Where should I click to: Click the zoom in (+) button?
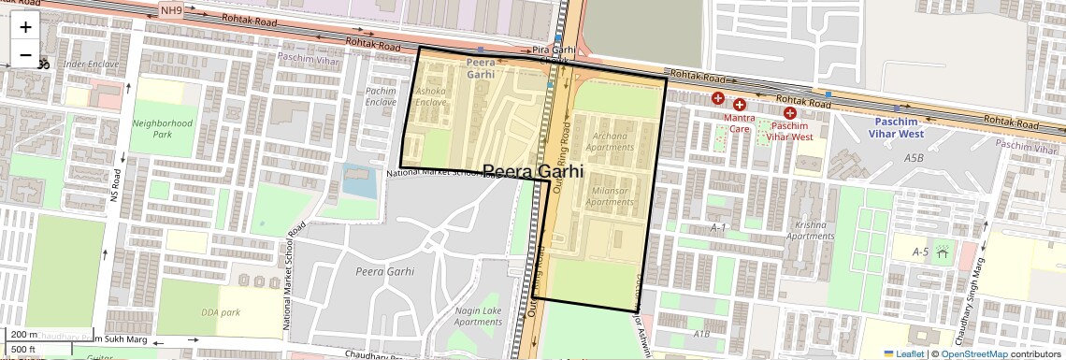pyautogui.click(x=25, y=27)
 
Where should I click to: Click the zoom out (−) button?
pyautogui.click(x=25, y=55)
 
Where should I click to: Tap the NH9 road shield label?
pyautogui.click(x=171, y=10)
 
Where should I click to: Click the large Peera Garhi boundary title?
pyautogui.click(x=532, y=172)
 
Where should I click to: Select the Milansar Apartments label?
pyautogui.click(x=612, y=196)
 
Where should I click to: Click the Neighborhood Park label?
pyautogui.click(x=162, y=128)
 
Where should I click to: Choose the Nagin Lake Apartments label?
pyautogui.click(x=478, y=316)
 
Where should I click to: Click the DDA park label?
pyautogui.click(x=221, y=312)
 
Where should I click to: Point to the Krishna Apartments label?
pyautogui.click(x=810, y=230)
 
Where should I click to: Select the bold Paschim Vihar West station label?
pyautogui.click(x=899, y=127)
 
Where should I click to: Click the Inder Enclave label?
pyautogui.click(x=90, y=65)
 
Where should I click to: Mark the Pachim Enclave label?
pyautogui.click(x=381, y=96)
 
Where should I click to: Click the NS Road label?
pyautogui.click(x=116, y=193)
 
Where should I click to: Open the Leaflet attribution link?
pyautogui.click(x=903, y=353)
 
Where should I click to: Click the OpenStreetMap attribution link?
pyautogui.click(x=973, y=353)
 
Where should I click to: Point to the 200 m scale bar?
pyautogui.click(x=22, y=335)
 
